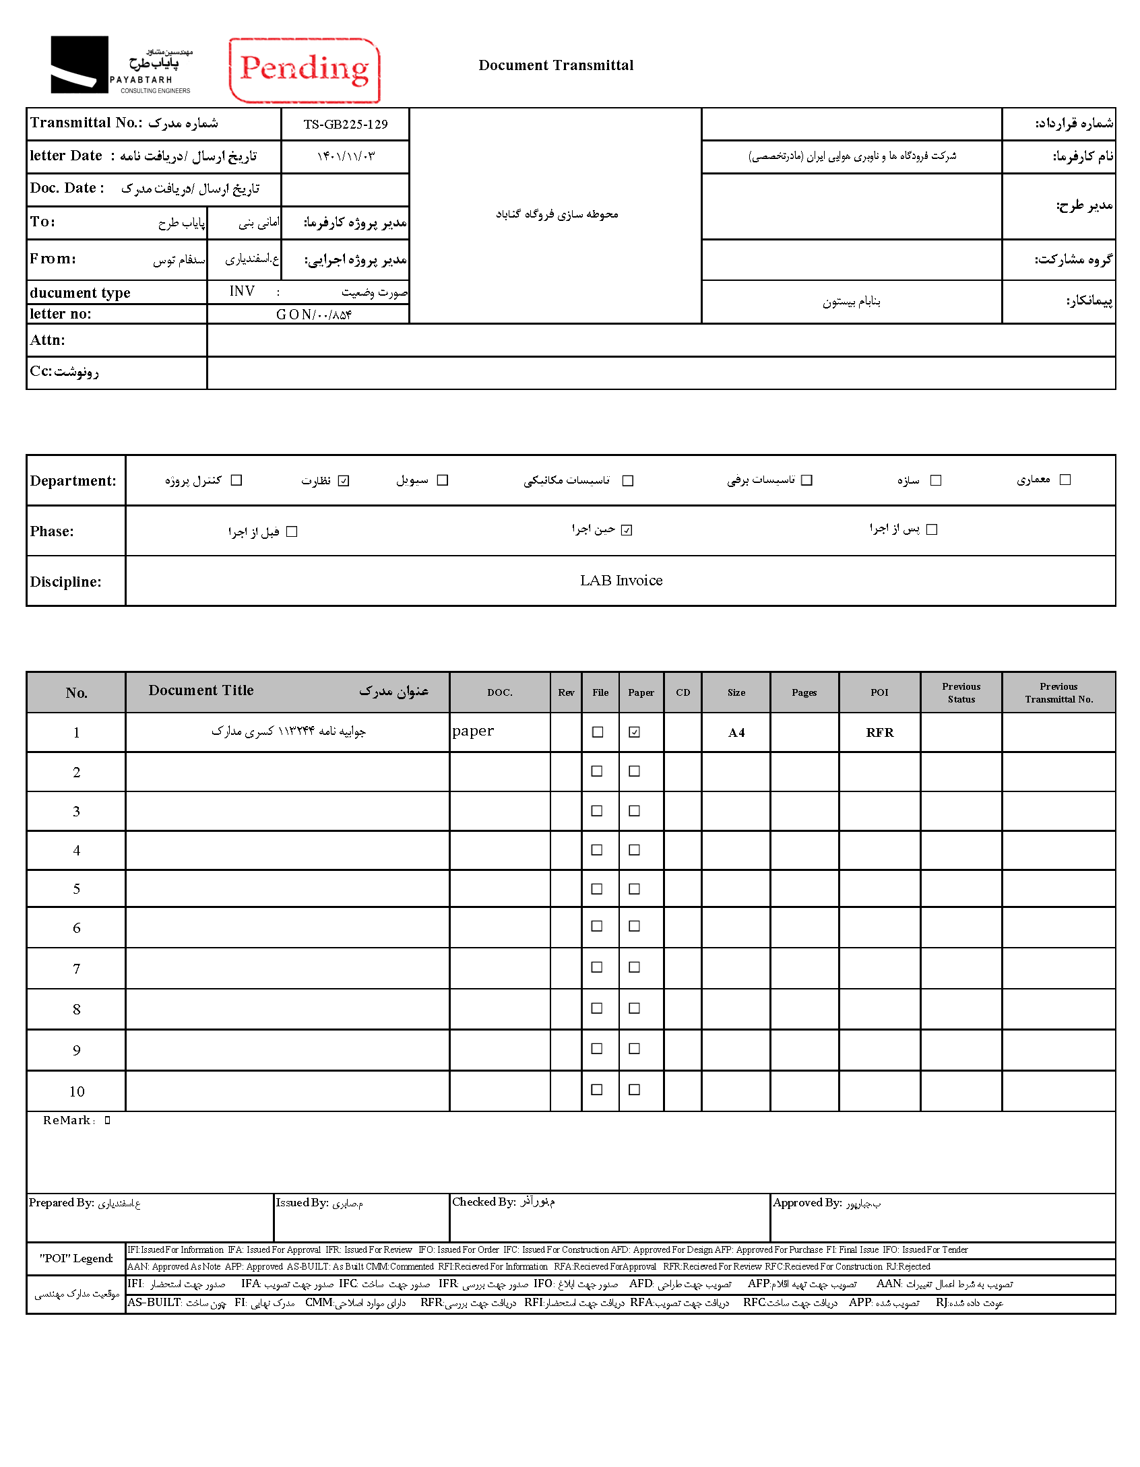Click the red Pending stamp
[305, 70]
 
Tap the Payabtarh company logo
[121, 65]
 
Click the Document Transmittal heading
[556, 65]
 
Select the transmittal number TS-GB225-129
[345, 125]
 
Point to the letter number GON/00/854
[313, 315]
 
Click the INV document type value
[242, 291]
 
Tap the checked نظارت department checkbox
[344, 480]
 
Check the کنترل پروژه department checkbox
[236, 480]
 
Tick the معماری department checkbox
[1065, 480]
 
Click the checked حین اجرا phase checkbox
[627, 530]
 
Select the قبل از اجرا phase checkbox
[292, 531]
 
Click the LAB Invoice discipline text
[621, 581]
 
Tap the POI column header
[879, 692]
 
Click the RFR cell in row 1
[879, 733]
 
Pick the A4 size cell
[736, 733]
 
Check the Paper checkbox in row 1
[635, 732]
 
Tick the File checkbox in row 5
[597, 889]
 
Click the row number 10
[77, 1092]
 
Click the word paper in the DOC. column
[473, 731]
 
